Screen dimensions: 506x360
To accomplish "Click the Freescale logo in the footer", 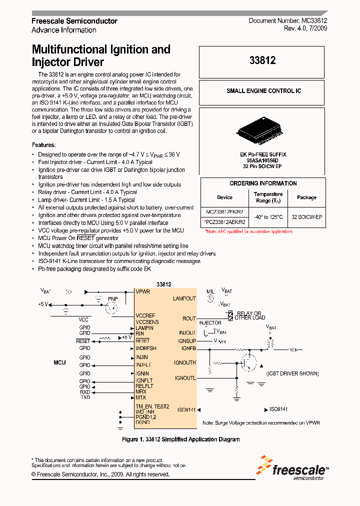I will pos(293,468).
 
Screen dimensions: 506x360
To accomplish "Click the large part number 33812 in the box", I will pos(262,61).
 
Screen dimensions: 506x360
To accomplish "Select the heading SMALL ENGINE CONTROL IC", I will pos(263,91).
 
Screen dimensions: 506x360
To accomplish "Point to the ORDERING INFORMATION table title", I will pos(263,183).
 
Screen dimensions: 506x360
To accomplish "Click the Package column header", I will pos(306,197).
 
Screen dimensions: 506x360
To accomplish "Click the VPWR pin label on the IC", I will pos(142,291).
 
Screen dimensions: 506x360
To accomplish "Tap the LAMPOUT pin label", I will pos(184,298).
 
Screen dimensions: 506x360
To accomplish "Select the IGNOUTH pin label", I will pos(184,362).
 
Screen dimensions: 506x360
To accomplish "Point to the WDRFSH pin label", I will pos(146,348).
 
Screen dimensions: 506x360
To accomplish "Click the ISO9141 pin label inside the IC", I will pos(186,409).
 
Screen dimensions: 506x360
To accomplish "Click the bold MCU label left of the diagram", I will pos(59,362).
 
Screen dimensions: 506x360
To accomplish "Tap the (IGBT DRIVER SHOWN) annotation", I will pos(292,373).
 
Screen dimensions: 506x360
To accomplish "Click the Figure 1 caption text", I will pos(181,439).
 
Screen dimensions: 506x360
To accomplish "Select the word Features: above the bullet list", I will pos(43,144).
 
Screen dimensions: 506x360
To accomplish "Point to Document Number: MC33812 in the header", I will pos(288,21).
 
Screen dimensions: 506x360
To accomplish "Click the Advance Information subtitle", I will pos(64,30).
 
